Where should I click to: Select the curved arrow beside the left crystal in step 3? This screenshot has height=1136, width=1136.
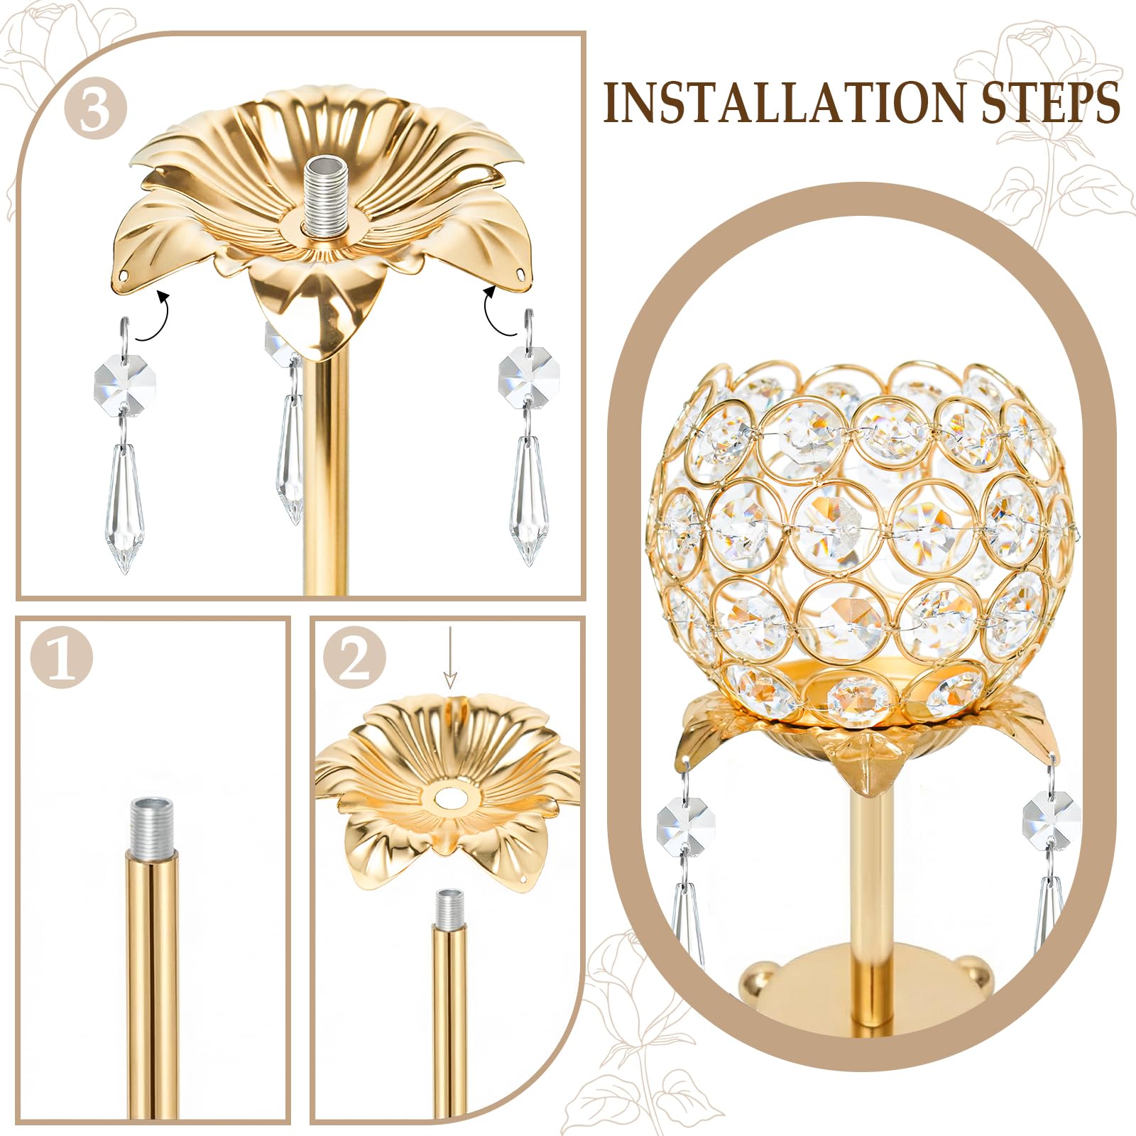tap(153, 317)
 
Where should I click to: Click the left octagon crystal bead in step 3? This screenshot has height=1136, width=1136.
tap(114, 383)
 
